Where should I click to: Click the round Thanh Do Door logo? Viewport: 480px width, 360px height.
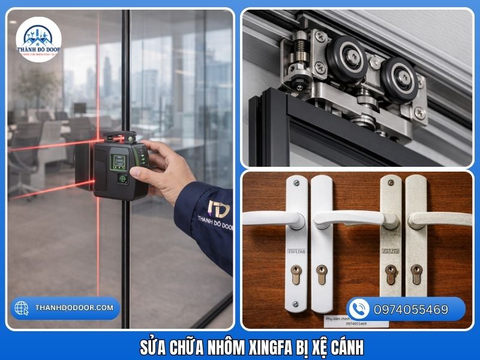coord(38,40)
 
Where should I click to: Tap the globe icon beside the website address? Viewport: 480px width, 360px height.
coord(22,308)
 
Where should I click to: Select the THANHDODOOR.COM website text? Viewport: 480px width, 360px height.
coord(74,308)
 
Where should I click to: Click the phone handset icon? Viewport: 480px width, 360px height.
coord(359,309)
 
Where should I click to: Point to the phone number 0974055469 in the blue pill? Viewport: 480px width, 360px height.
coord(411,310)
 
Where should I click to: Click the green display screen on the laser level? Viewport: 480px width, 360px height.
coord(119,161)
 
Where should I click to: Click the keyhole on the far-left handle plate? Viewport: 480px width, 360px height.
coord(295,275)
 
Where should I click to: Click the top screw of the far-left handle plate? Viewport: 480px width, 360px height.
coord(295,182)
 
